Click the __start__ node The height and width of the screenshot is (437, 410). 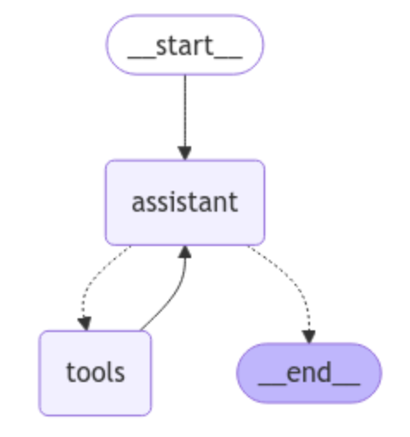185,45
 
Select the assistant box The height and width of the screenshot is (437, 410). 185,203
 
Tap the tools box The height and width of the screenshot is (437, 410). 96,373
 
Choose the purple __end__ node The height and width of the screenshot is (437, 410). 309,373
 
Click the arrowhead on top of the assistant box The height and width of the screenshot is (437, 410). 185,153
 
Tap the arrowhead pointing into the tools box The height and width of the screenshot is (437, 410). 84,323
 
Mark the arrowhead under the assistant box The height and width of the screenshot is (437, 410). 185,252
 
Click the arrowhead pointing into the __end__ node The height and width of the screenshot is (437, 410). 309,336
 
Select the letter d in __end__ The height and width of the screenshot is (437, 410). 325,372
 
